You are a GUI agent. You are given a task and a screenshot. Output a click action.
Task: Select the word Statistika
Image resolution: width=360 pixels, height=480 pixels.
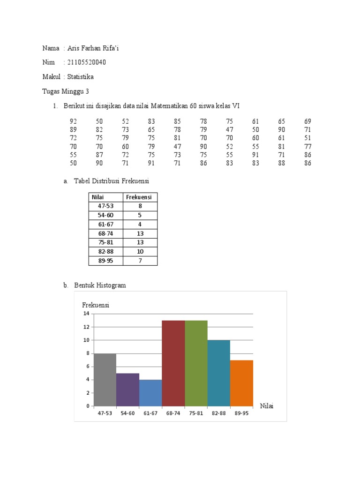click(81, 76)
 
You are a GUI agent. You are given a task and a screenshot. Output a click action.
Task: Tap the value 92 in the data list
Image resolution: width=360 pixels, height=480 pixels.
click(73, 121)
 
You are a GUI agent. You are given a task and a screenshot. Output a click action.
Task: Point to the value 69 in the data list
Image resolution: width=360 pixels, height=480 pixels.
click(307, 121)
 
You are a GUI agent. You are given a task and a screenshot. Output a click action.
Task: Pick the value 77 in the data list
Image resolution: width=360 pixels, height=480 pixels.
click(307, 146)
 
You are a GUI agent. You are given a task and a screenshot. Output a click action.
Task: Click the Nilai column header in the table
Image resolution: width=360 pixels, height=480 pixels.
click(97, 197)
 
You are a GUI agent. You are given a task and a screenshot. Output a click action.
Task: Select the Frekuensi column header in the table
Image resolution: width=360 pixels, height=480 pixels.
click(140, 197)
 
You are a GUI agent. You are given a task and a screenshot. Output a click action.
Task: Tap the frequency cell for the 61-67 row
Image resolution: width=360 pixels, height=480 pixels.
click(140, 225)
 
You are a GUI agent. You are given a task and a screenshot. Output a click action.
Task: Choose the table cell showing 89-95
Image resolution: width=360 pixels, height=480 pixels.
click(105, 261)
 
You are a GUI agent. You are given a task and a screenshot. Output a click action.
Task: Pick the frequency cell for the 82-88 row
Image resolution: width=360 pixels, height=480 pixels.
click(140, 252)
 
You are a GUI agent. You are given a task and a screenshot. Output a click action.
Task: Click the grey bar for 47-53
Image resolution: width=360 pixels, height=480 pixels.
click(105, 380)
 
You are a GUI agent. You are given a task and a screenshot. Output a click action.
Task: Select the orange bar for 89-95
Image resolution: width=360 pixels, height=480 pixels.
click(241, 383)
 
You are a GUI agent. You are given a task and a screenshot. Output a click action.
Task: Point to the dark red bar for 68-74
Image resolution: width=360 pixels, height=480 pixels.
click(173, 363)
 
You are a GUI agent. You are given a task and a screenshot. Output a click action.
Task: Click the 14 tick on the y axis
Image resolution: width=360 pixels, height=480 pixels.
click(86, 314)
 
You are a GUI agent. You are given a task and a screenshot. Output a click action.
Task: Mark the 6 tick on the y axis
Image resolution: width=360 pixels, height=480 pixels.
click(87, 367)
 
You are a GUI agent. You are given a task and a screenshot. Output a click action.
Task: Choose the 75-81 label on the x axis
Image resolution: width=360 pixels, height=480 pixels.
click(196, 413)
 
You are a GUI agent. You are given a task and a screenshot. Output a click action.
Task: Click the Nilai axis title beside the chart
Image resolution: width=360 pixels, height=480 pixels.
click(266, 406)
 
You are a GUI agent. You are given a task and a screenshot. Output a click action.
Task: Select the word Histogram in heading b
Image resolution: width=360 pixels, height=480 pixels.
click(111, 285)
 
